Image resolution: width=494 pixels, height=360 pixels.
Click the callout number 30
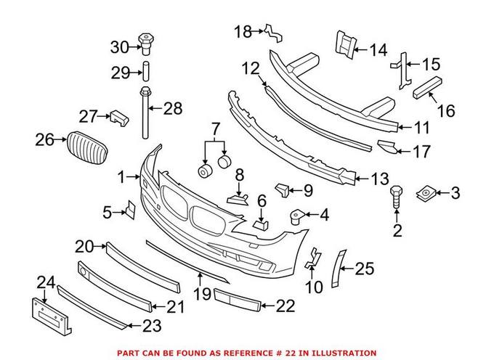[118, 47]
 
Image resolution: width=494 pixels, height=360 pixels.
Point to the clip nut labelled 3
[426, 193]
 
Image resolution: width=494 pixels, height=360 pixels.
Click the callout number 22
[286, 306]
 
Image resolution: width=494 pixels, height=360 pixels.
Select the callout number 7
[215, 130]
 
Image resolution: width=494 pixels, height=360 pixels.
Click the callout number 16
[445, 111]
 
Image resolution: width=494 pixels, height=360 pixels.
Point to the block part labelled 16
[427, 89]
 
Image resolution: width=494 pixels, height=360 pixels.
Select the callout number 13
[380, 179]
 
